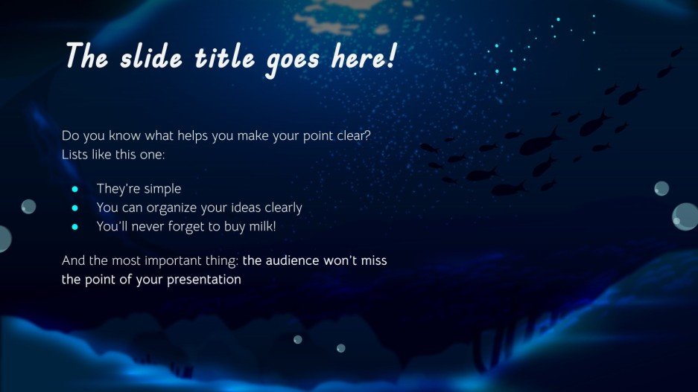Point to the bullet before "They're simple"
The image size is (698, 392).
pyautogui.click(x=75, y=189)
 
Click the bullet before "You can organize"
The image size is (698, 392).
pyautogui.click(x=75, y=208)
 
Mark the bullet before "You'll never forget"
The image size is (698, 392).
pyautogui.click(x=75, y=226)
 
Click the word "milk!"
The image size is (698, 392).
pyautogui.click(x=258, y=226)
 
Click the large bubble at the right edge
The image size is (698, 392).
pyautogui.click(x=686, y=216)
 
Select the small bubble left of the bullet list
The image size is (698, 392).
pyautogui.click(x=28, y=206)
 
